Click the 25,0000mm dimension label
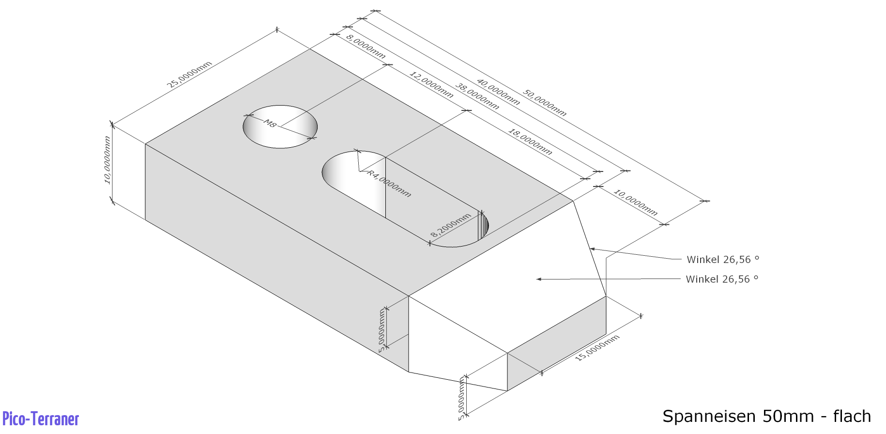tap(189, 75)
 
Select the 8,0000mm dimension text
tap(366, 46)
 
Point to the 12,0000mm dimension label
tap(431, 84)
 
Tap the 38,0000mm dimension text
tap(477, 96)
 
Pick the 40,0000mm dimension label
tap(498, 92)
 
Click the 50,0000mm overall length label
tap(544, 103)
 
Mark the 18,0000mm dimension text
tap(530, 141)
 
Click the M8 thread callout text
tap(270, 124)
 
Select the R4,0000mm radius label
tap(389, 183)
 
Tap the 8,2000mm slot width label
tap(451, 225)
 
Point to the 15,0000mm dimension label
tap(597, 348)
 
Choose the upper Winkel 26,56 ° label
tap(723, 260)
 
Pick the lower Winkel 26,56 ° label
tap(722, 279)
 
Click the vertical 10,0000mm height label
tap(107, 160)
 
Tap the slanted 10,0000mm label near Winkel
tap(635, 202)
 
